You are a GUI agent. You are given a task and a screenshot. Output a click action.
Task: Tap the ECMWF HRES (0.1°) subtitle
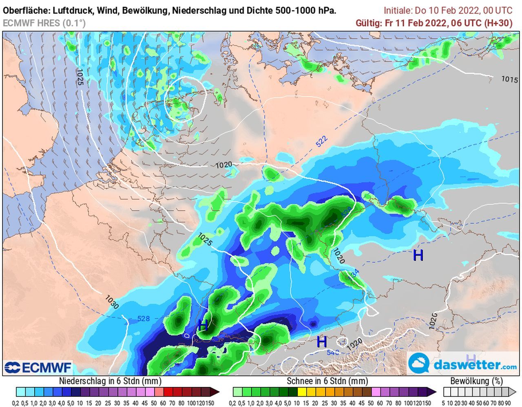pos(44,23)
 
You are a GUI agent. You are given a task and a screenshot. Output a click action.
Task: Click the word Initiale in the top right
pos(398,11)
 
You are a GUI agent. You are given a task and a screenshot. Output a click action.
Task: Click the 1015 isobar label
pos(509,79)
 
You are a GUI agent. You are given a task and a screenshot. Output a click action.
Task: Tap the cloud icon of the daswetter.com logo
pos(419,364)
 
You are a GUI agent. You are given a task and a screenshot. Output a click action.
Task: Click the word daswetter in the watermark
pos(465,364)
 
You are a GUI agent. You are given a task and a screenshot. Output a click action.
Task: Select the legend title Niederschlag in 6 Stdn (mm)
pos(110,381)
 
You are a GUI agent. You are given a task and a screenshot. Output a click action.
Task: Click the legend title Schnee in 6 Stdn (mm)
pos(327,381)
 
